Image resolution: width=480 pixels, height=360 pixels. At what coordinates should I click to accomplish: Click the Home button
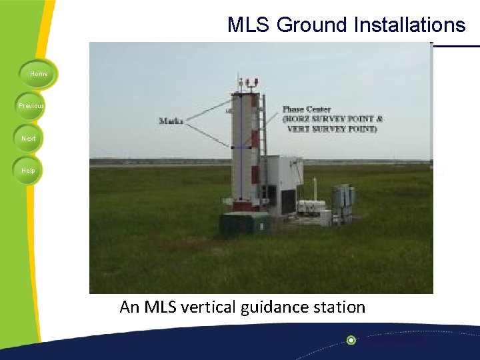[x=39, y=74]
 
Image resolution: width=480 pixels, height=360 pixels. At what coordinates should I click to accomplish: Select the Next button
[x=29, y=138]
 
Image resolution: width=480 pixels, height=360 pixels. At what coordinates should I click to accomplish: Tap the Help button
[x=28, y=170]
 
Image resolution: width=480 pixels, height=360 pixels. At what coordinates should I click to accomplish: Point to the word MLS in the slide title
[x=249, y=25]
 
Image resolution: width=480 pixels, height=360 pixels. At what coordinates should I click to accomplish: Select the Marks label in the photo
[x=171, y=121]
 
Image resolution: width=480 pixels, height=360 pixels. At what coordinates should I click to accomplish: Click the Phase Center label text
[x=307, y=109]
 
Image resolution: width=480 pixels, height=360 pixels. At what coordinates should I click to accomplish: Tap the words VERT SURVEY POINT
[x=331, y=129]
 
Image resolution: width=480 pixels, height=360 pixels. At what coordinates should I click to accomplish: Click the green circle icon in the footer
[x=351, y=340]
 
